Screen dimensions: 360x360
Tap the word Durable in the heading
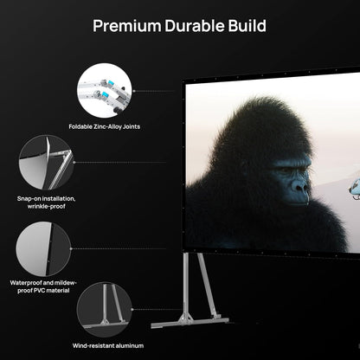[x=196, y=25]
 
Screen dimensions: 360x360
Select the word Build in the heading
[x=247, y=25]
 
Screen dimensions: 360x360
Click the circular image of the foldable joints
[x=104, y=90]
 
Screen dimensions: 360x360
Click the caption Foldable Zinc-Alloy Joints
[x=104, y=127]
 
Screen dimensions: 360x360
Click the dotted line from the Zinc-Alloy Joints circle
[x=156, y=90]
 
